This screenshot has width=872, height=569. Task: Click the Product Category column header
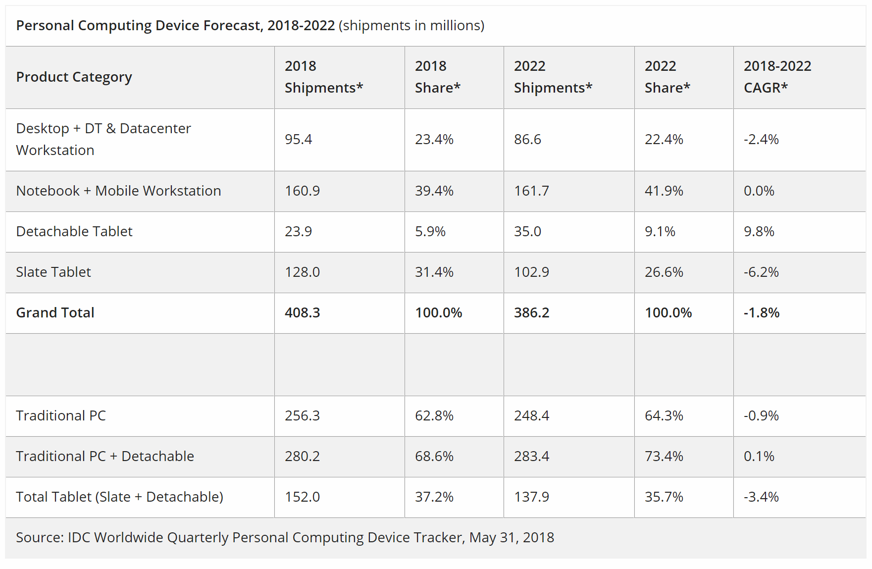[74, 77]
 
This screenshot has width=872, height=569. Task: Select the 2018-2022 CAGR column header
[777, 77]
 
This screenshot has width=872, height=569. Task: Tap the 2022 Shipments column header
[553, 77]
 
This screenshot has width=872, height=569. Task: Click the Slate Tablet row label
[53, 272]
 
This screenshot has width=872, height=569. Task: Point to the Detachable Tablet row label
[74, 231]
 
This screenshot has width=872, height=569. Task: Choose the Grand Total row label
[55, 312]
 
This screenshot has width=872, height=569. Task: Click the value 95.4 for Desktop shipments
[298, 139]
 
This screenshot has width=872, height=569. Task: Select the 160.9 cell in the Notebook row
[302, 191]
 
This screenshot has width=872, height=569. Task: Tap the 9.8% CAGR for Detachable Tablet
[759, 231]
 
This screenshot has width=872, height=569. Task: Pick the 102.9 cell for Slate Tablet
[531, 272]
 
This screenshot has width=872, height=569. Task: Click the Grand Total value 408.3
[302, 312]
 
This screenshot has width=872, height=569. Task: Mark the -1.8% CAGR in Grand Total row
[762, 312]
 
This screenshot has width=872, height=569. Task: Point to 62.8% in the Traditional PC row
[434, 415]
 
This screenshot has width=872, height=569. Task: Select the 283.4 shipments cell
[531, 456]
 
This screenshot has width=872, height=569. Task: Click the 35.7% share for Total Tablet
[664, 497]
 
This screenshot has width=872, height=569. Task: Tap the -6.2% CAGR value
[761, 272]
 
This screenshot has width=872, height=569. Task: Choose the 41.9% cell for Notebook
[664, 191]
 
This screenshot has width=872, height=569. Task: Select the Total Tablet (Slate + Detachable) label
[119, 497]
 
